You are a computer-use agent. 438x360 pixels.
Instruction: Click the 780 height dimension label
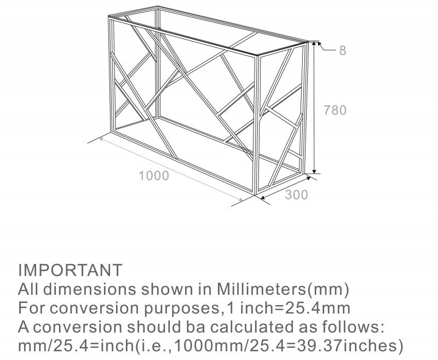[335, 110]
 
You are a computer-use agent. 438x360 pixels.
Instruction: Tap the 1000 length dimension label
[154, 176]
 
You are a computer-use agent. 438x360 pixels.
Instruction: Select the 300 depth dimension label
[296, 195]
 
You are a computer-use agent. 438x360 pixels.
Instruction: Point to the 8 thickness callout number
[343, 50]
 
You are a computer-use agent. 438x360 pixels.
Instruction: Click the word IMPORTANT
[70, 270]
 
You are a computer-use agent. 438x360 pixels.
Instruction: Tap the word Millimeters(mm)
[283, 289]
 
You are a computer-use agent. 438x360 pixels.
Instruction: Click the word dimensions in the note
[90, 289]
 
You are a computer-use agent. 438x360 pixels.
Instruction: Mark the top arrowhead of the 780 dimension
[314, 44]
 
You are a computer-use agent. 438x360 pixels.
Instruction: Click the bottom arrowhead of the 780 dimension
[314, 171]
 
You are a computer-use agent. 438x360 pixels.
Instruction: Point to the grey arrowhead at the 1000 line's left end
[101, 138]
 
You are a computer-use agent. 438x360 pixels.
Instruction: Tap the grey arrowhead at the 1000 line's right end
[240, 199]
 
